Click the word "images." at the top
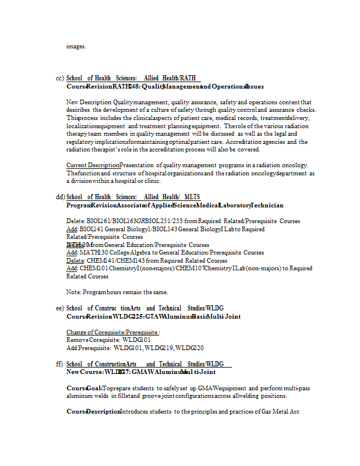(76, 47)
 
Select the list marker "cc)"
(59, 78)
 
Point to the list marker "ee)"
(59, 308)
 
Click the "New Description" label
(88, 102)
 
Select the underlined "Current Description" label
(93, 165)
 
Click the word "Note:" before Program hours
(73, 292)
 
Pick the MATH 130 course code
(90, 253)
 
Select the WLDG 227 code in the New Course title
(117, 372)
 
